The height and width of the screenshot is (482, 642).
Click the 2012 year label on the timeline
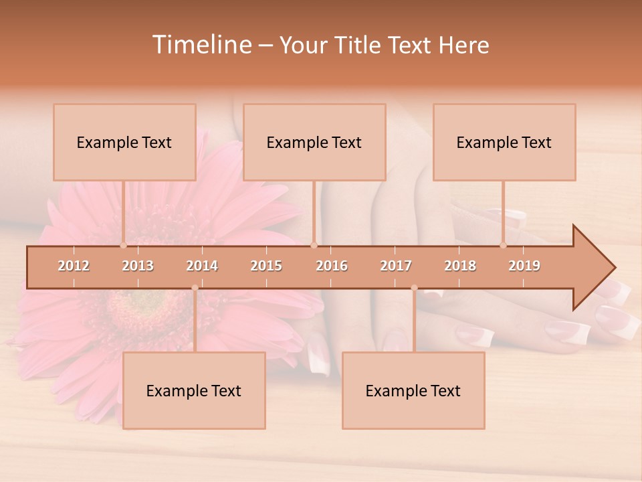point(74,266)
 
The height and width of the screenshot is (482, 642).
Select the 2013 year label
point(138,266)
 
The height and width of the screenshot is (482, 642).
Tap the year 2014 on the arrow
point(202,266)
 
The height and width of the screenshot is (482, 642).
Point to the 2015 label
point(266,266)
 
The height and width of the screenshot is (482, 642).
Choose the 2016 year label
point(332,266)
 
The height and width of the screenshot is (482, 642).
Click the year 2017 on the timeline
point(396,266)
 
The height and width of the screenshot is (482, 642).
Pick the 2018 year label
point(460,266)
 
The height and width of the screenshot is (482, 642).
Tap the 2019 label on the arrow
point(524,266)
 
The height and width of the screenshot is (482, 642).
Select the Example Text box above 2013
point(124,142)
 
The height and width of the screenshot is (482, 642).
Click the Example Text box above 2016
point(314,142)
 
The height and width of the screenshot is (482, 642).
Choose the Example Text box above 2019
point(504,142)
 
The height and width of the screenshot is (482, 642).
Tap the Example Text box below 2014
point(194,390)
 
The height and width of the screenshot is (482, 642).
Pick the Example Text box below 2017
point(413,390)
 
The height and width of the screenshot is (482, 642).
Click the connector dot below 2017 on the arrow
point(414,288)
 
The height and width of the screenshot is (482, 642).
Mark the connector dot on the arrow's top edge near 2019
point(504,245)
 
